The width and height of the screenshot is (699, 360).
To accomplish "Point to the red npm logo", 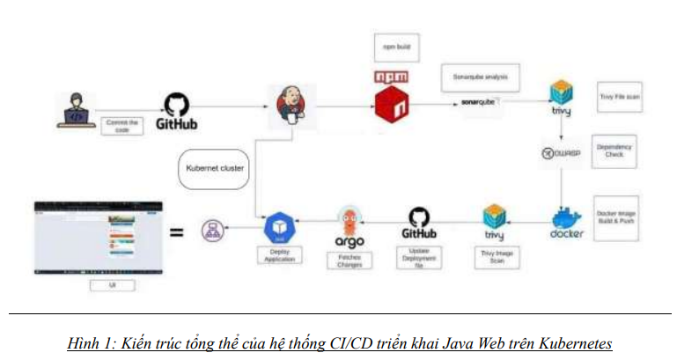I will (x=393, y=96).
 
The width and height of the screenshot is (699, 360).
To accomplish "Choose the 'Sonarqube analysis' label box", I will (x=480, y=77).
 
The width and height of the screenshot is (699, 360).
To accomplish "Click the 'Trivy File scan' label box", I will (x=619, y=97).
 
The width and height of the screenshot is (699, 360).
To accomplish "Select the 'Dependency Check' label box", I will (x=614, y=152).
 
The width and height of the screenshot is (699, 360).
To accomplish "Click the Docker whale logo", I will (x=567, y=221).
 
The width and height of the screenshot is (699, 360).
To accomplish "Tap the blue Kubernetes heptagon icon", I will (x=280, y=231).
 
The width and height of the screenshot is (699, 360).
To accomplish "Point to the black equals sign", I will (x=176, y=232).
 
